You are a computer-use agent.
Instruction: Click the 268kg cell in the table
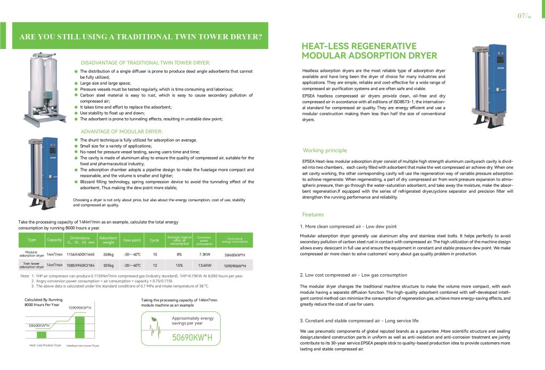[x=109, y=254]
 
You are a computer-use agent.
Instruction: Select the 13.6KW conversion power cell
[x=204, y=265]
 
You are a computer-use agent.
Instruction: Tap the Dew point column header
[x=132, y=240]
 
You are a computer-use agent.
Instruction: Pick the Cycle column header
[x=154, y=240]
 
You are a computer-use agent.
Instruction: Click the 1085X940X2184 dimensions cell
[x=80, y=265]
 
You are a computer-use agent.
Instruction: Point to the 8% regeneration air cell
[x=179, y=254]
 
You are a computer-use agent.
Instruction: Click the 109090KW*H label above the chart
[x=80, y=308]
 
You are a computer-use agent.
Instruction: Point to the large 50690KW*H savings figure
[x=192, y=338]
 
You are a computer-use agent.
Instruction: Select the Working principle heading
[x=324, y=151]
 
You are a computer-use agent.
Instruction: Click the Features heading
[x=313, y=215]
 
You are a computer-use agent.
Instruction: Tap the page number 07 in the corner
[x=522, y=15]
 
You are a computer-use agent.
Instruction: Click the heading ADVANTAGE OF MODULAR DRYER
[x=122, y=131]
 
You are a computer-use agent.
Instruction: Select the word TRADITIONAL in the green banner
[x=152, y=37]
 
